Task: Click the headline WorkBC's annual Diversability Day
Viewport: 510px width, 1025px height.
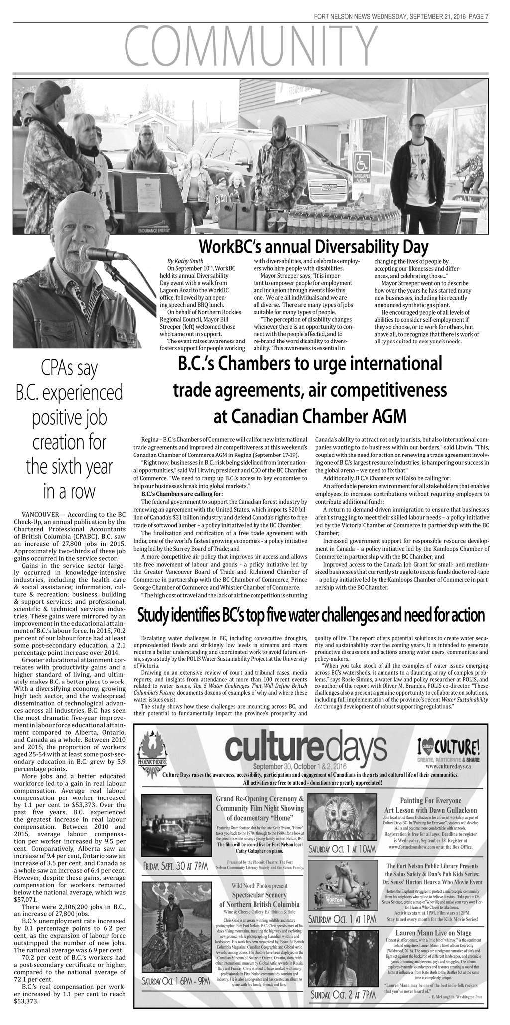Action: [313, 246]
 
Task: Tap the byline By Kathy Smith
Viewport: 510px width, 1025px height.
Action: [185, 261]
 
